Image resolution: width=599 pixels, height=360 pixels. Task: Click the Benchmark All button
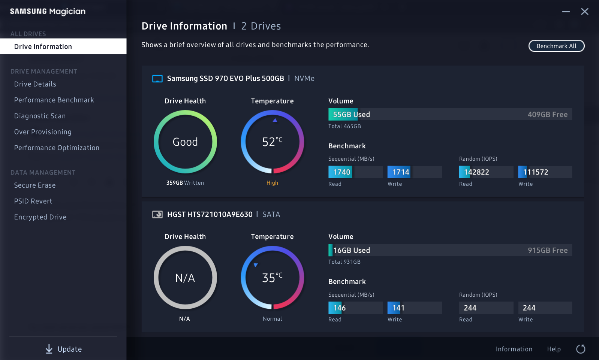556,46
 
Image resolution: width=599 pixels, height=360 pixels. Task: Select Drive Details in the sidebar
35,84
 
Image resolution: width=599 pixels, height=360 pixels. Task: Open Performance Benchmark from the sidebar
54,100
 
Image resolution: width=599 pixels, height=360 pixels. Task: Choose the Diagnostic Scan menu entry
40,116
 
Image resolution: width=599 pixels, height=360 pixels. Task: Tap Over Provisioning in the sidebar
43,132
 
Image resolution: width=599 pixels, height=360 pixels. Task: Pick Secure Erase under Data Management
35,185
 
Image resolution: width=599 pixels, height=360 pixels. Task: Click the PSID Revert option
33,201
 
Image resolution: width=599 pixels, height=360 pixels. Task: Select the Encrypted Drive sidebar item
40,217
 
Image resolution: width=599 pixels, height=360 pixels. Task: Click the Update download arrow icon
49,349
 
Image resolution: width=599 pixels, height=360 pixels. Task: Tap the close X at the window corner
584,12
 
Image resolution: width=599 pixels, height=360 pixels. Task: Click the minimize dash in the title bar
566,12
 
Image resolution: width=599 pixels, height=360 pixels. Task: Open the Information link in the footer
514,349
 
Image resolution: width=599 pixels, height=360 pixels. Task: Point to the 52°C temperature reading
272,142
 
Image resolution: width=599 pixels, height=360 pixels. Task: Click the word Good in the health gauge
185,142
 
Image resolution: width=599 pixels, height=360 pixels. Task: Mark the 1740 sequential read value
341,172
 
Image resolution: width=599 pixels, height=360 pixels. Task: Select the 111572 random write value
535,172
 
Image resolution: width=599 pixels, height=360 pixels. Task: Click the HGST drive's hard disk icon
157,215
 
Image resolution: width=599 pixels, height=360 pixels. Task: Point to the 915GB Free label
548,250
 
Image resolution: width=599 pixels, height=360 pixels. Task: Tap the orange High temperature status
272,183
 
